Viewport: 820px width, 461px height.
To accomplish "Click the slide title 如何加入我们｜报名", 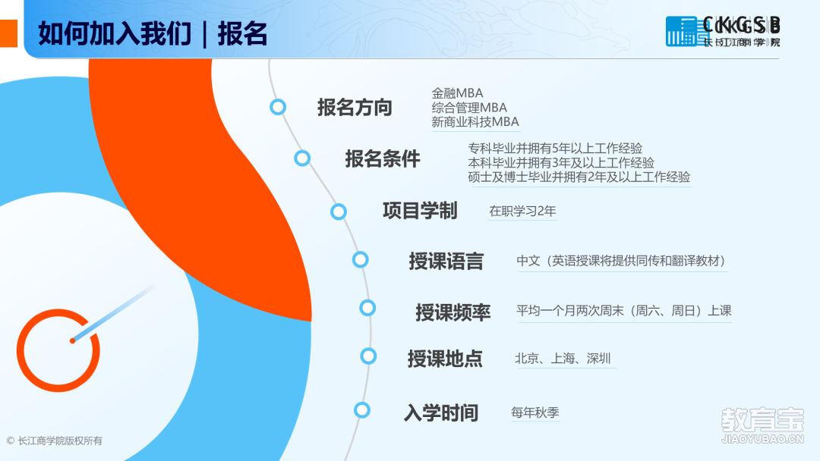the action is pyautogui.click(x=153, y=34).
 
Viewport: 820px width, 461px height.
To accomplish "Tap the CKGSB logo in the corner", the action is pyautogui.click(x=723, y=31).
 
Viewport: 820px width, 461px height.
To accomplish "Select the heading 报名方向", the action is pyautogui.click(x=355, y=107).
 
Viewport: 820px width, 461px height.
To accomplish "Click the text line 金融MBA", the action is pyautogui.click(x=457, y=93).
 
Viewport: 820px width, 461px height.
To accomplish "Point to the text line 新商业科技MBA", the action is pyautogui.click(x=475, y=121).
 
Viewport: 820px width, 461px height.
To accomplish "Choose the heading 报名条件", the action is pyautogui.click(x=382, y=158).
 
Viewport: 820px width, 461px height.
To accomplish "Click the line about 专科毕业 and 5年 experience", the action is pyautogui.click(x=555, y=149).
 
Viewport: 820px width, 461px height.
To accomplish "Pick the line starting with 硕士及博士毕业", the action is pyautogui.click(x=579, y=177).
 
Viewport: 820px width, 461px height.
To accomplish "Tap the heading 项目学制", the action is pyautogui.click(x=420, y=210).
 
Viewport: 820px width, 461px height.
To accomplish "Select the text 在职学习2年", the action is pyautogui.click(x=522, y=211).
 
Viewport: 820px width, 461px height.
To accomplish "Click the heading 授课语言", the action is pyautogui.click(x=446, y=261).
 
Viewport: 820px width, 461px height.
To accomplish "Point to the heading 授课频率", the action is pyautogui.click(x=453, y=312).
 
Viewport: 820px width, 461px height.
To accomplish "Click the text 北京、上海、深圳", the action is pyautogui.click(x=563, y=358).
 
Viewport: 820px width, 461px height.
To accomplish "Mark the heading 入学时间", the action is pyautogui.click(x=441, y=412).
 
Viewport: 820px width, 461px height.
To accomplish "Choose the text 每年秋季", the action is pyautogui.click(x=535, y=412).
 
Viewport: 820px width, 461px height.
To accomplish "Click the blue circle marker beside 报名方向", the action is pyautogui.click(x=278, y=107).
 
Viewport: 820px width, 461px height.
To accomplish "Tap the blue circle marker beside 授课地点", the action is pyautogui.click(x=368, y=356).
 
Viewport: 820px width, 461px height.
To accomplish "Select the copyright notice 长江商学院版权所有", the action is pyautogui.click(x=55, y=441).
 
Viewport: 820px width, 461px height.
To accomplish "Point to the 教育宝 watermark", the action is pyautogui.click(x=762, y=425).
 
